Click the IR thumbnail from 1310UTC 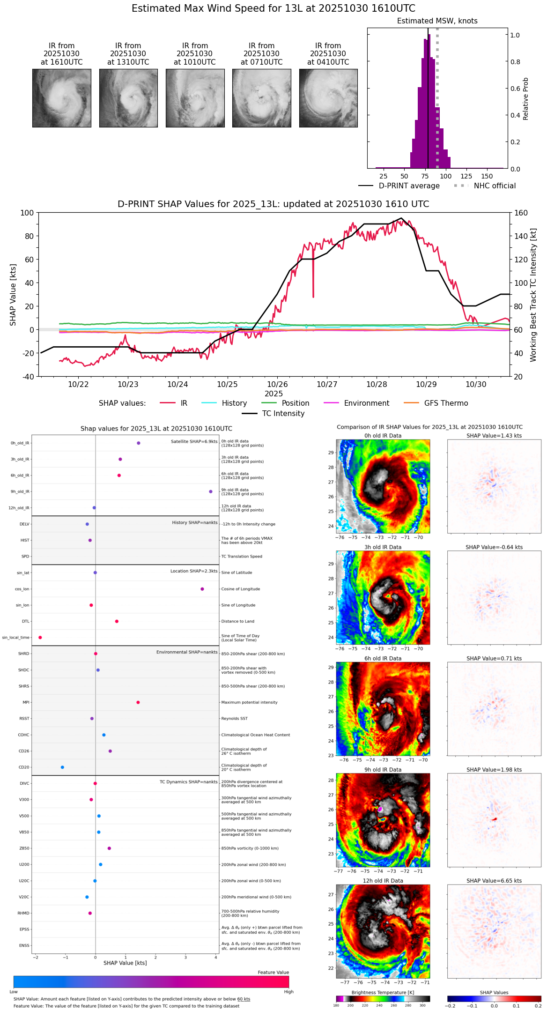[128, 98]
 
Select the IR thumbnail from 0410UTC [328, 98]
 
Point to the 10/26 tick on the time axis [277, 384]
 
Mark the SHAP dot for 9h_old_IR [211, 491]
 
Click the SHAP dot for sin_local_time [40, 637]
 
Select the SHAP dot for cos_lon [202, 589]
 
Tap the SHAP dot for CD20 [62, 767]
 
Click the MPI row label [26, 702]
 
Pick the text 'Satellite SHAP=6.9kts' [194, 441]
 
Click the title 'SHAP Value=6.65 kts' [494, 881]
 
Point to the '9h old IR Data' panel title [383, 770]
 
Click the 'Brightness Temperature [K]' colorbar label [383, 992]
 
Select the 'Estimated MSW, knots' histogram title [437, 21]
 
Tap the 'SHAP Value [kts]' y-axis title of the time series [13, 295]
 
